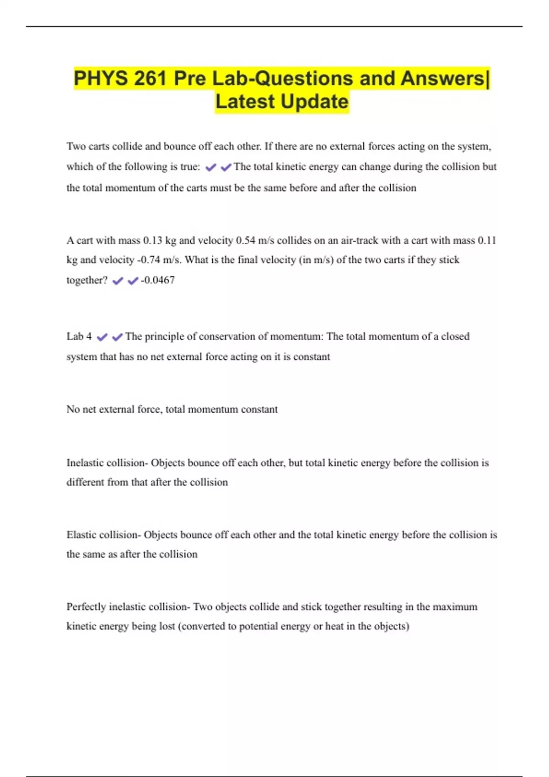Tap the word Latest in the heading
[245, 102]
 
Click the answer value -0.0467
[158, 280]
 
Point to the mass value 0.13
[152, 240]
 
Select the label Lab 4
[79, 336]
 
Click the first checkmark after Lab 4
[102, 337]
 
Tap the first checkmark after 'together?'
[118, 281]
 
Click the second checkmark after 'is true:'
[226, 168]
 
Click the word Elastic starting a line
[81, 535]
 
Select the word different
[85, 482]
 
